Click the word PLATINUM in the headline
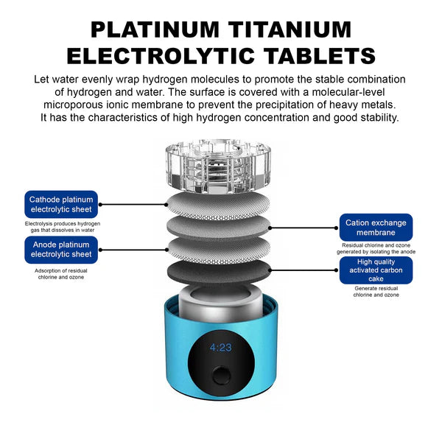pyautogui.click(x=155, y=29)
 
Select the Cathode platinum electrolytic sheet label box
pyautogui.click(x=61, y=204)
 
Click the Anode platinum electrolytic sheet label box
pyautogui.click(x=61, y=250)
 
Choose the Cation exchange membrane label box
pyautogui.click(x=376, y=228)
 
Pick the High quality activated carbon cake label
pyautogui.click(x=376, y=270)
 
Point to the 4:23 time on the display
pyautogui.click(x=221, y=347)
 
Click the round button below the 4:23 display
pyautogui.click(x=222, y=376)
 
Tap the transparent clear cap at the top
pyautogui.click(x=218, y=166)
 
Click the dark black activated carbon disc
pyautogui.click(x=219, y=272)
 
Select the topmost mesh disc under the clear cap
pyautogui.click(x=218, y=205)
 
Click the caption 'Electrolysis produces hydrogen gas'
pyautogui.click(x=63, y=227)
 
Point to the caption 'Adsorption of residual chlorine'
pyautogui.click(x=61, y=274)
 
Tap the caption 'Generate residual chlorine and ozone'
pyautogui.click(x=376, y=292)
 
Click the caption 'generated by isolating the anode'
pyautogui.click(x=376, y=251)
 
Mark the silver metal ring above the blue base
pyautogui.click(x=221, y=303)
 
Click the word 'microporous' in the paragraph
pyautogui.click(x=74, y=105)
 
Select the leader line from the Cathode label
pyautogui.click(x=133, y=204)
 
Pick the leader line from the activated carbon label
pyautogui.click(x=304, y=270)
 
